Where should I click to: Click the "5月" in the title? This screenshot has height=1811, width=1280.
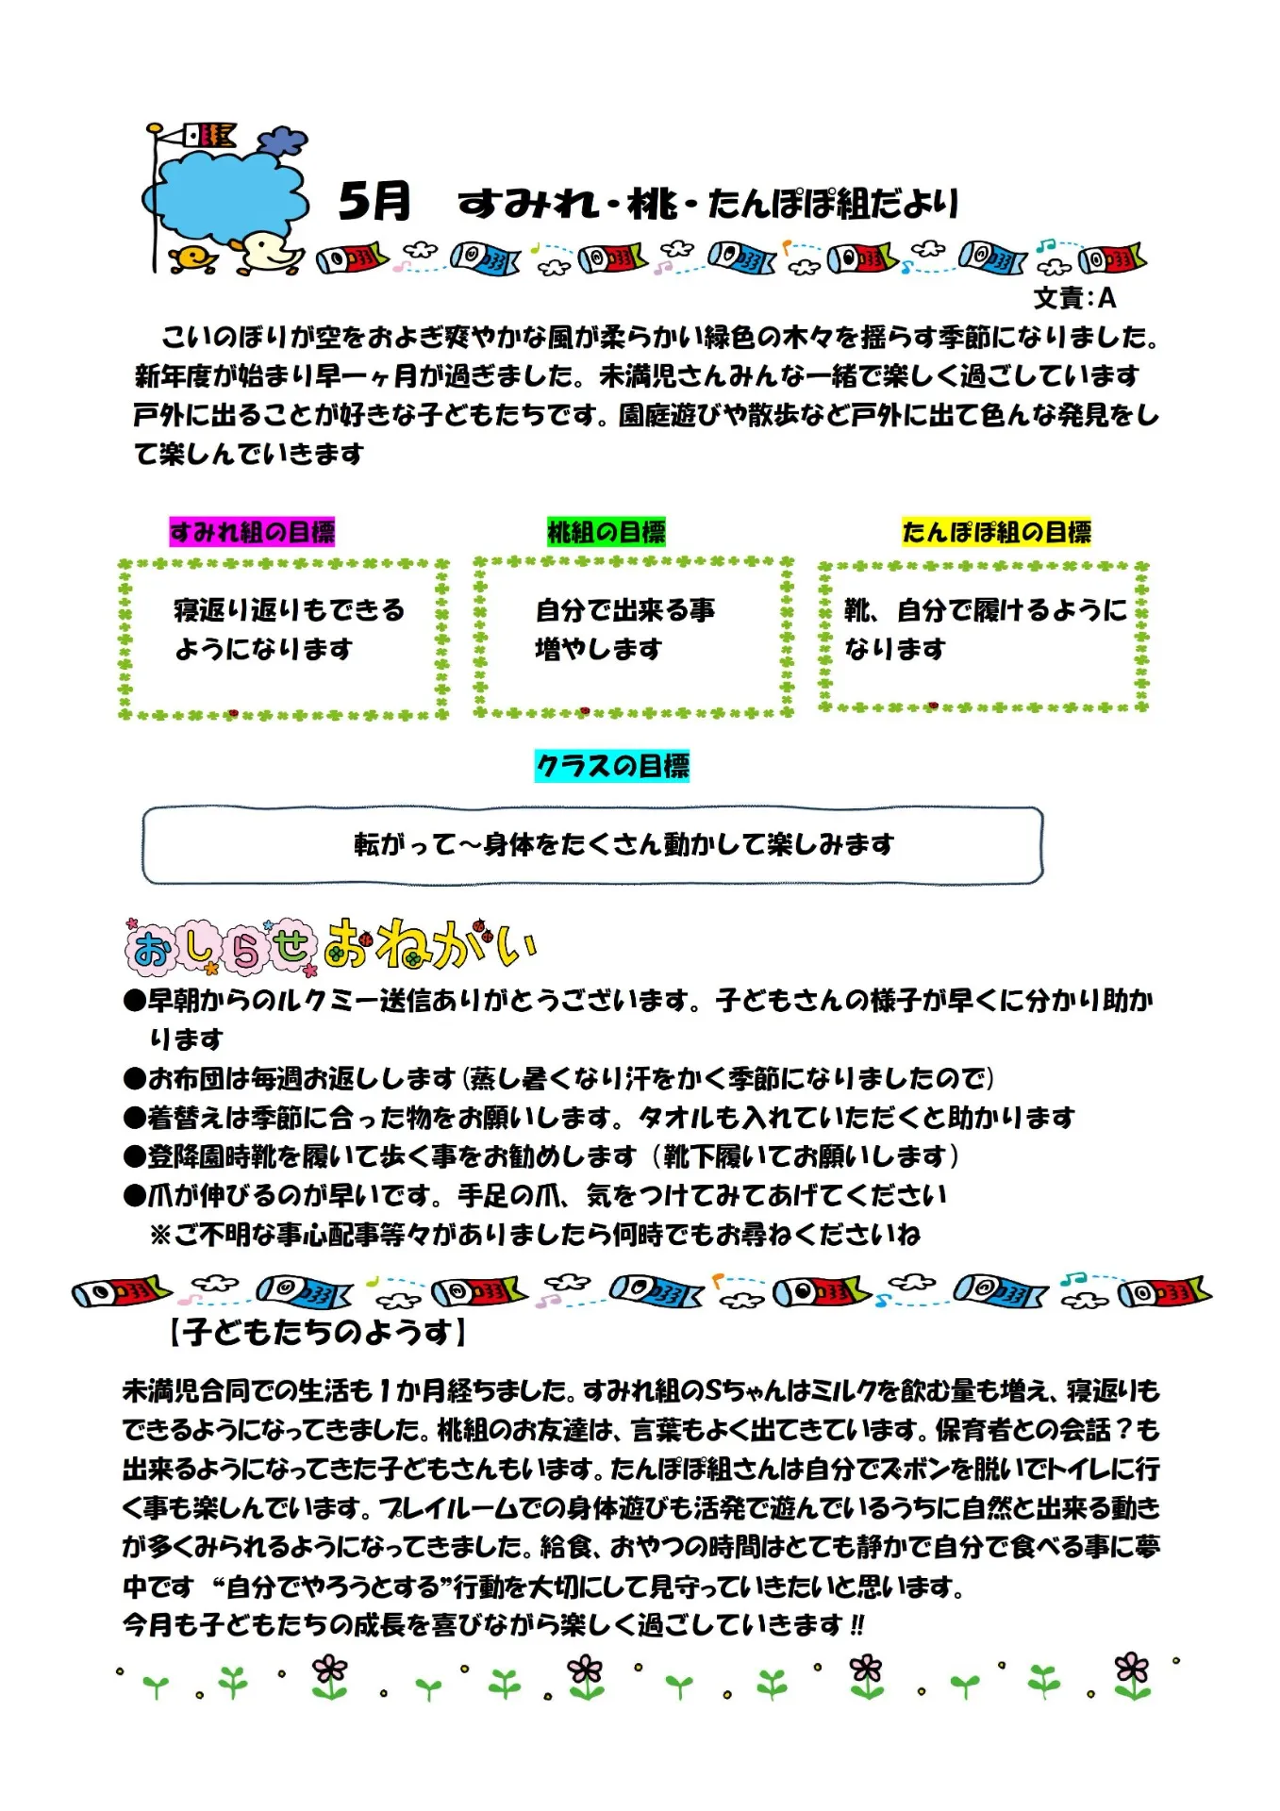[x=374, y=201]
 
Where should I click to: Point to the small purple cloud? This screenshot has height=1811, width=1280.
[x=283, y=141]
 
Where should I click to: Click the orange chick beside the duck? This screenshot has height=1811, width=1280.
[x=193, y=258]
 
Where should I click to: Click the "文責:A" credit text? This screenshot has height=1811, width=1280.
[x=1074, y=298]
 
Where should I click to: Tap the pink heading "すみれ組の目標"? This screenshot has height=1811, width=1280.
[x=252, y=532]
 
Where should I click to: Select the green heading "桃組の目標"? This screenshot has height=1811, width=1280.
[x=607, y=532]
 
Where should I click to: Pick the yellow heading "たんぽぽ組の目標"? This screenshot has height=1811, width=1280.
[x=996, y=532]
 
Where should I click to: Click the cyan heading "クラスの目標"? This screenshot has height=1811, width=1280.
[x=612, y=766]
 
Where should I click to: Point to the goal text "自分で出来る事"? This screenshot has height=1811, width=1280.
[x=625, y=610]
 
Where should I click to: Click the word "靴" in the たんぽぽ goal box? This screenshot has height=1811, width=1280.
[x=858, y=610]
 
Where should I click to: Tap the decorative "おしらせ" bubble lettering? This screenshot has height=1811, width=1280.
[x=220, y=946]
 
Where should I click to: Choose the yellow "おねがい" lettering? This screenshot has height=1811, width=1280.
[x=429, y=944]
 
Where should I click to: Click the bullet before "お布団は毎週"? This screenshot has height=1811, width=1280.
[x=134, y=1078]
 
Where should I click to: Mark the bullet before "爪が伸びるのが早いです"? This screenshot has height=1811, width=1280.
[x=134, y=1196]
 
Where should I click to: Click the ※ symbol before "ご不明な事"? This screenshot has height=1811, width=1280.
[x=160, y=1235]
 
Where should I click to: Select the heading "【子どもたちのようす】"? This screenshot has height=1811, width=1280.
[x=317, y=1332]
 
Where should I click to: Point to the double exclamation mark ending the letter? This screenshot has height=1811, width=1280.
[x=856, y=1625]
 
